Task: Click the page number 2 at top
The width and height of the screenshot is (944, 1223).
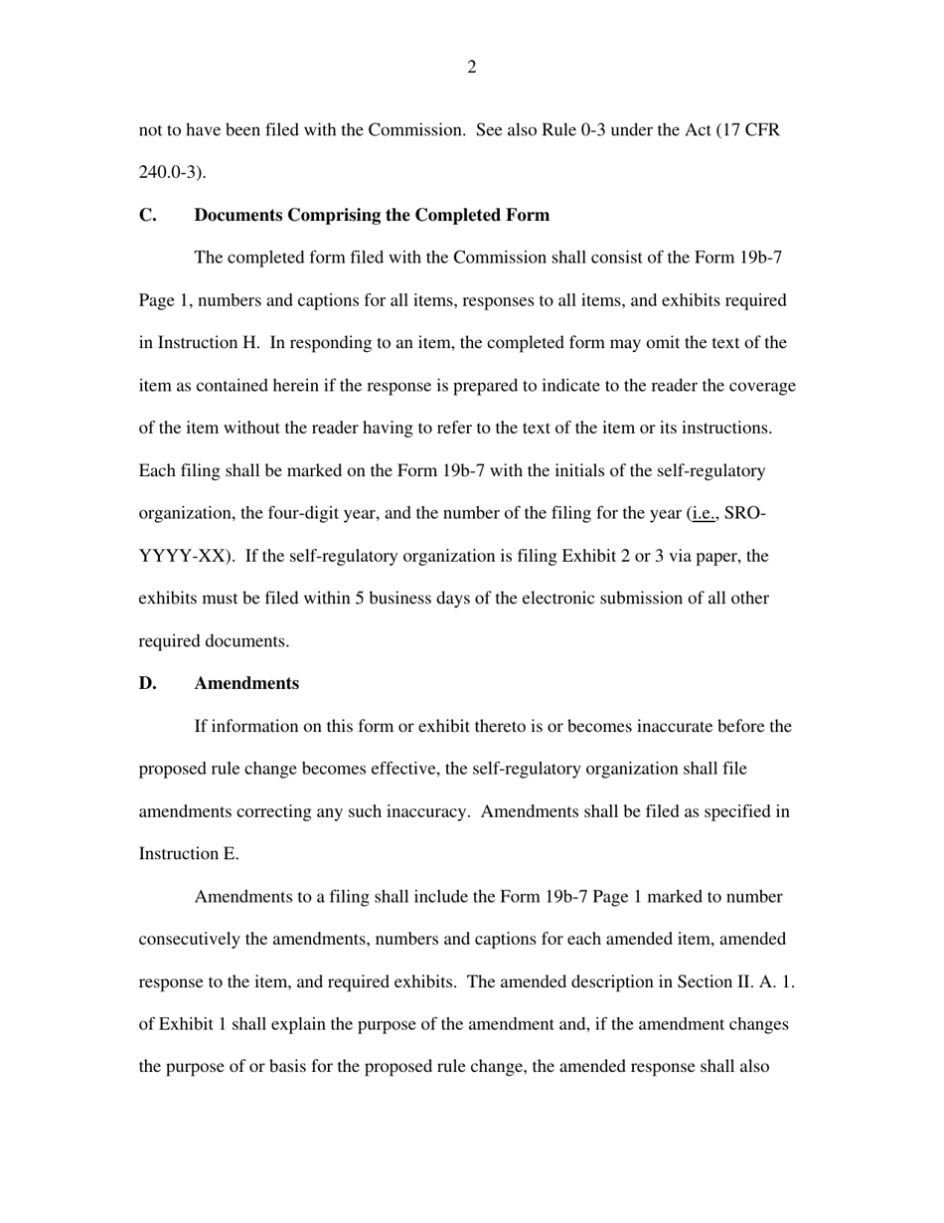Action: coord(471,68)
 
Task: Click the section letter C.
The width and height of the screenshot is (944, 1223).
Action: coord(147,215)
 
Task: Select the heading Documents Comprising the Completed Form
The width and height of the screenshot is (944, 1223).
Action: coord(372,215)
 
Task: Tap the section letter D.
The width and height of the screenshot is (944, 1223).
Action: coord(147,683)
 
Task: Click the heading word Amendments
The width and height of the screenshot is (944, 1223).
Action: coord(246,683)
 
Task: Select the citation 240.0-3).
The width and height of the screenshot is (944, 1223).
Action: coord(173,172)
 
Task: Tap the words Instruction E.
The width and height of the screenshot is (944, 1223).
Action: coord(188,854)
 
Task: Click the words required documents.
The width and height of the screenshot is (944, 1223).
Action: coord(214,641)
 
